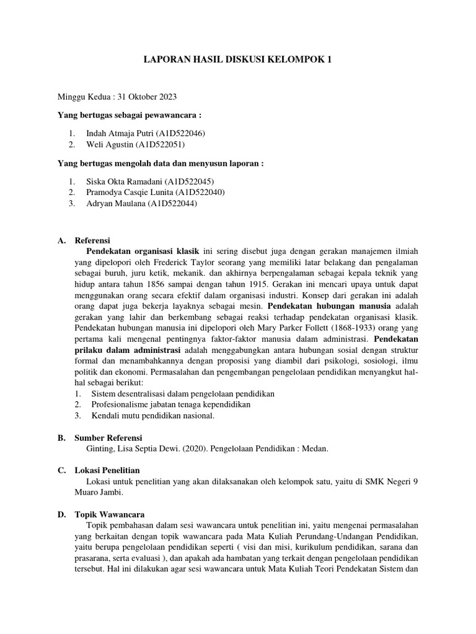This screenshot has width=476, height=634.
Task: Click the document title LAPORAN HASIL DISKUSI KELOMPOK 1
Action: click(238, 59)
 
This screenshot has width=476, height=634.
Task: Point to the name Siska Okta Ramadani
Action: click(125, 181)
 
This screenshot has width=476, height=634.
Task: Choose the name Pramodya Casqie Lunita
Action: click(130, 193)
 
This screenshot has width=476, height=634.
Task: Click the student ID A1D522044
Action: click(172, 204)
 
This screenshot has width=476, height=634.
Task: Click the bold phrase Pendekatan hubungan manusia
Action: click(329, 306)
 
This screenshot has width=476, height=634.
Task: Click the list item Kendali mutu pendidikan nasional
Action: click(152, 416)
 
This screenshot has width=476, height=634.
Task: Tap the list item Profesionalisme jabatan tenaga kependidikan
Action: click(170, 405)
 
